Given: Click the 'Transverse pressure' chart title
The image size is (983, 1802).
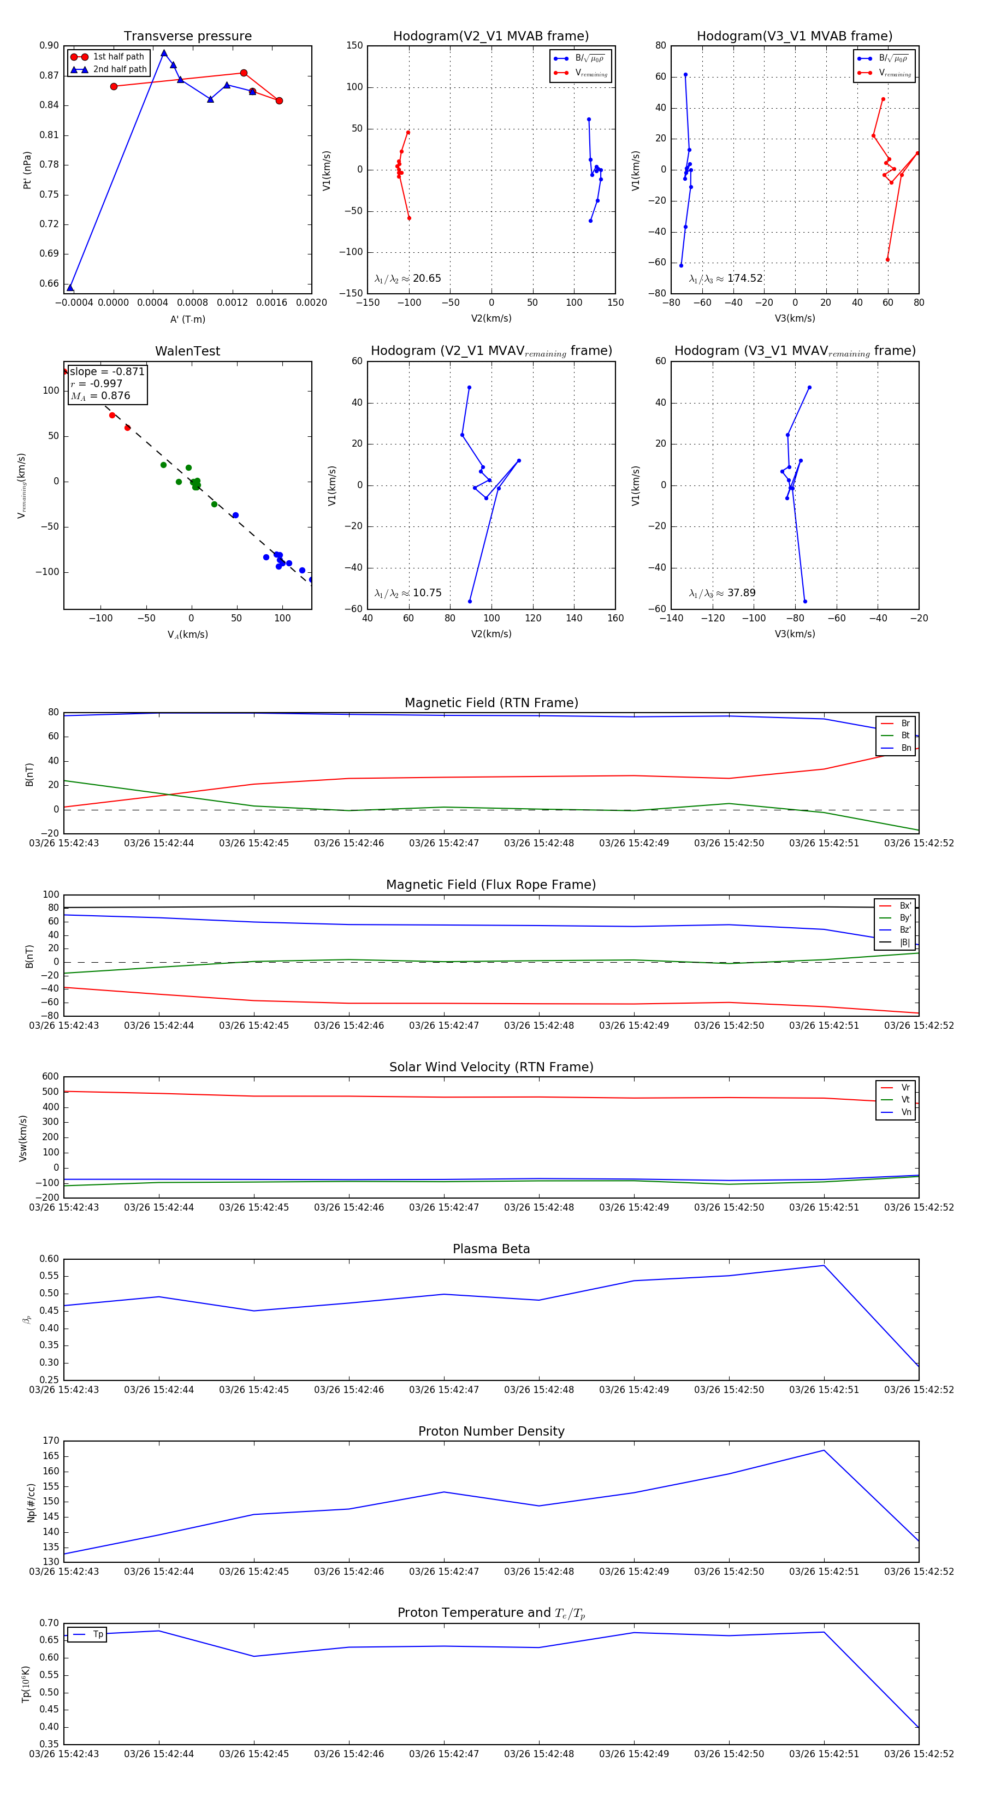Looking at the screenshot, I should pos(187,37).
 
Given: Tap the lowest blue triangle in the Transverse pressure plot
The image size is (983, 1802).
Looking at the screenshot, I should pos(70,288).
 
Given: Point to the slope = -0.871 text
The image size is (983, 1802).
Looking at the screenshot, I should pos(107,371).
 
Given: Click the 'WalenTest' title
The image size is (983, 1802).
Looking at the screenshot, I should pos(187,351).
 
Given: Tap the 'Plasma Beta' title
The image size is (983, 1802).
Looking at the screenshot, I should pos(491,1249).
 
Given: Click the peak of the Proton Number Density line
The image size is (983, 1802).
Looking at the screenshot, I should pos(824,1450).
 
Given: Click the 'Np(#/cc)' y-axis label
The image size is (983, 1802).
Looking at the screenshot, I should pos(31,1502).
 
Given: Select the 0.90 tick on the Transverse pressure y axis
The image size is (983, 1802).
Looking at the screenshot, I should pos(49,45).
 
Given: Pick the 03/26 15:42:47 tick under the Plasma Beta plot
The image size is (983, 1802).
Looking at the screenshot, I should pos(443,1389).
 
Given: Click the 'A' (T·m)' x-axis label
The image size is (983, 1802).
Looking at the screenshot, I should pos(187,319).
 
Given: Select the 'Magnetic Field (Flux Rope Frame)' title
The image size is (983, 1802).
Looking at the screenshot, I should pos(491,885).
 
